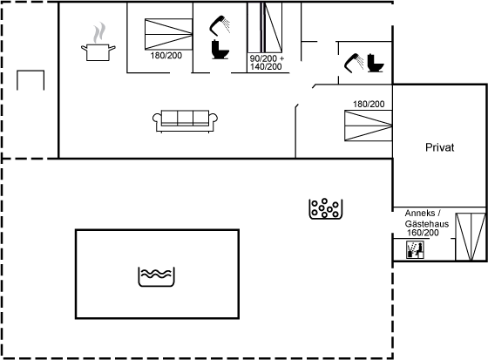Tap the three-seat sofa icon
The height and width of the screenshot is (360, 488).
185,121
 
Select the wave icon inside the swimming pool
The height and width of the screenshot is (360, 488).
156,276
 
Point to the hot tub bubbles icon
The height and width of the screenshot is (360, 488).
326,208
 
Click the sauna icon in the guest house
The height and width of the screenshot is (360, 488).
415,250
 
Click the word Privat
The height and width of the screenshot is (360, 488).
439,147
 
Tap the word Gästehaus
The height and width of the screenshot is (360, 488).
427,224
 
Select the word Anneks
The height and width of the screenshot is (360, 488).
420,214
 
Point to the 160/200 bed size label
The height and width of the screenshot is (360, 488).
423,233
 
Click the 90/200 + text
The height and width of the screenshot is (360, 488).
267,58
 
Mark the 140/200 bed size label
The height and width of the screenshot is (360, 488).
266,66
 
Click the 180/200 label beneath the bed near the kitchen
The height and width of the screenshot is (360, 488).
166,56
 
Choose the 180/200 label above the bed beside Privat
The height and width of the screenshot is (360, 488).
369,104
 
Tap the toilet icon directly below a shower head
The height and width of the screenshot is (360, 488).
220,50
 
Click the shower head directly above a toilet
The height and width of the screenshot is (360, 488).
220,25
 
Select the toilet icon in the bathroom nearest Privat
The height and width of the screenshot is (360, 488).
376,64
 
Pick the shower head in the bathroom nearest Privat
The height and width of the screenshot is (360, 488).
354,63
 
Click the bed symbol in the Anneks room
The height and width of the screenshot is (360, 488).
471,237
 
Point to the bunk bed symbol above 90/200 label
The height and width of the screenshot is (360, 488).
265,27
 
